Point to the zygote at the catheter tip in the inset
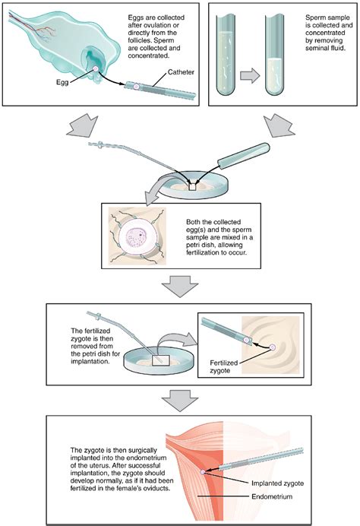[272, 347]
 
